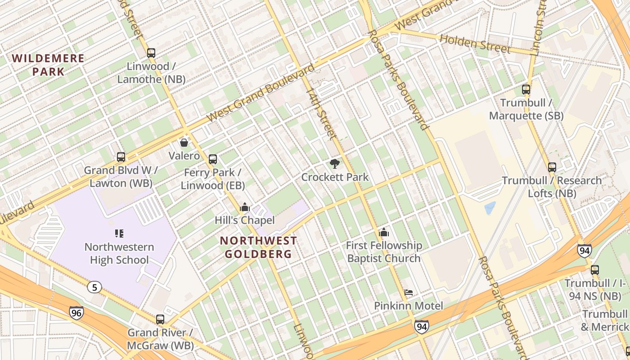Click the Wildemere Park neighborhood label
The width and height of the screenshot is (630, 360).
(x=48, y=64)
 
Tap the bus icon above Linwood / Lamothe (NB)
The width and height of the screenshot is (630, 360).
(x=151, y=53)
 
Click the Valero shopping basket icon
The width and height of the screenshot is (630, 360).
(x=184, y=143)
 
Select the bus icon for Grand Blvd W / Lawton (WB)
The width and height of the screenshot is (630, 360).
(x=121, y=157)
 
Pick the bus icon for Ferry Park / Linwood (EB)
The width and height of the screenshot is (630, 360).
(x=213, y=159)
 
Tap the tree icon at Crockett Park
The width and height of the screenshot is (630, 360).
(x=334, y=164)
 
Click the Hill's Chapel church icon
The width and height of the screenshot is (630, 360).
(x=245, y=207)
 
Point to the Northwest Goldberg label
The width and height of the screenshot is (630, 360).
(x=258, y=247)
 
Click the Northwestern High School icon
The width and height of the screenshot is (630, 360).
(x=119, y=233)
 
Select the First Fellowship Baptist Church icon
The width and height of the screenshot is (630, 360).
(x=384, y=233)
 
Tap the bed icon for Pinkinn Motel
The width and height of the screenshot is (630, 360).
(x=409, y=293)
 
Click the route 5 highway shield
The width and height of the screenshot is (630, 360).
(x=94, y=287)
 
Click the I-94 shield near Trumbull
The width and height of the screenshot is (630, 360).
(x=584, y=250)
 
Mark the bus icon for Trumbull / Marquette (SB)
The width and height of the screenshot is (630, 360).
(x=526, y=90)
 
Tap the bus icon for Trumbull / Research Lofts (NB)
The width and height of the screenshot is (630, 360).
(x=552, y=167)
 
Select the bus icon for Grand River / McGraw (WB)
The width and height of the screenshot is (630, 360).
(x=160, y=319)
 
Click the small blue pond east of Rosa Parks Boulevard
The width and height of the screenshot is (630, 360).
(x=490, y=208)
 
